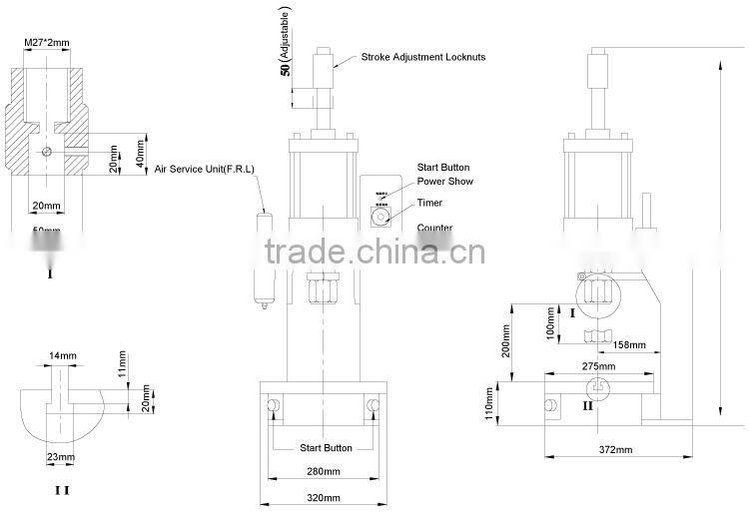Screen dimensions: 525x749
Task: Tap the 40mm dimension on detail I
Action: point(141,153)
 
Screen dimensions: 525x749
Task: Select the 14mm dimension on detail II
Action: point(61,355)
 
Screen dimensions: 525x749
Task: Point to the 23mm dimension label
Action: point(61,457)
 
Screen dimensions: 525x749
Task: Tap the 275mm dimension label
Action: point(597,367)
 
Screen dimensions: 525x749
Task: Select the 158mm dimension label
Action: point(628,345)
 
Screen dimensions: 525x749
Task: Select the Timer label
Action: point(429,203)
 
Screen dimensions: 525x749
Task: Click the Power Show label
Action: point(444,182)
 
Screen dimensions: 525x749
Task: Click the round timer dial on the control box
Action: point(381,216)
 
